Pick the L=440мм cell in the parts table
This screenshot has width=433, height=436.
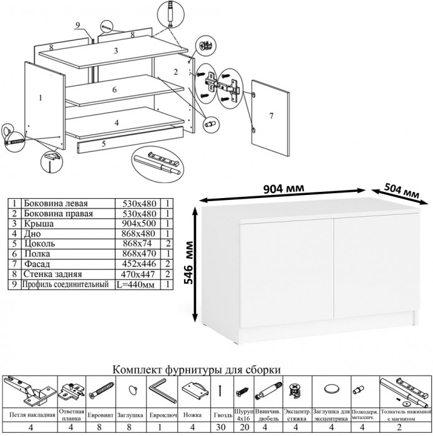tap(138, 285)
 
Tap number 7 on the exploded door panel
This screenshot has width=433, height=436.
tap(271, 116)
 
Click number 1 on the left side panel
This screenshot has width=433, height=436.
tap(39, 97)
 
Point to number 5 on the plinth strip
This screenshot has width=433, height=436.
tap(103, 144)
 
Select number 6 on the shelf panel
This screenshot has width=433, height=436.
tap(115, 90)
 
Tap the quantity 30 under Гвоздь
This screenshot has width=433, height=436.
tap(221, 427)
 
